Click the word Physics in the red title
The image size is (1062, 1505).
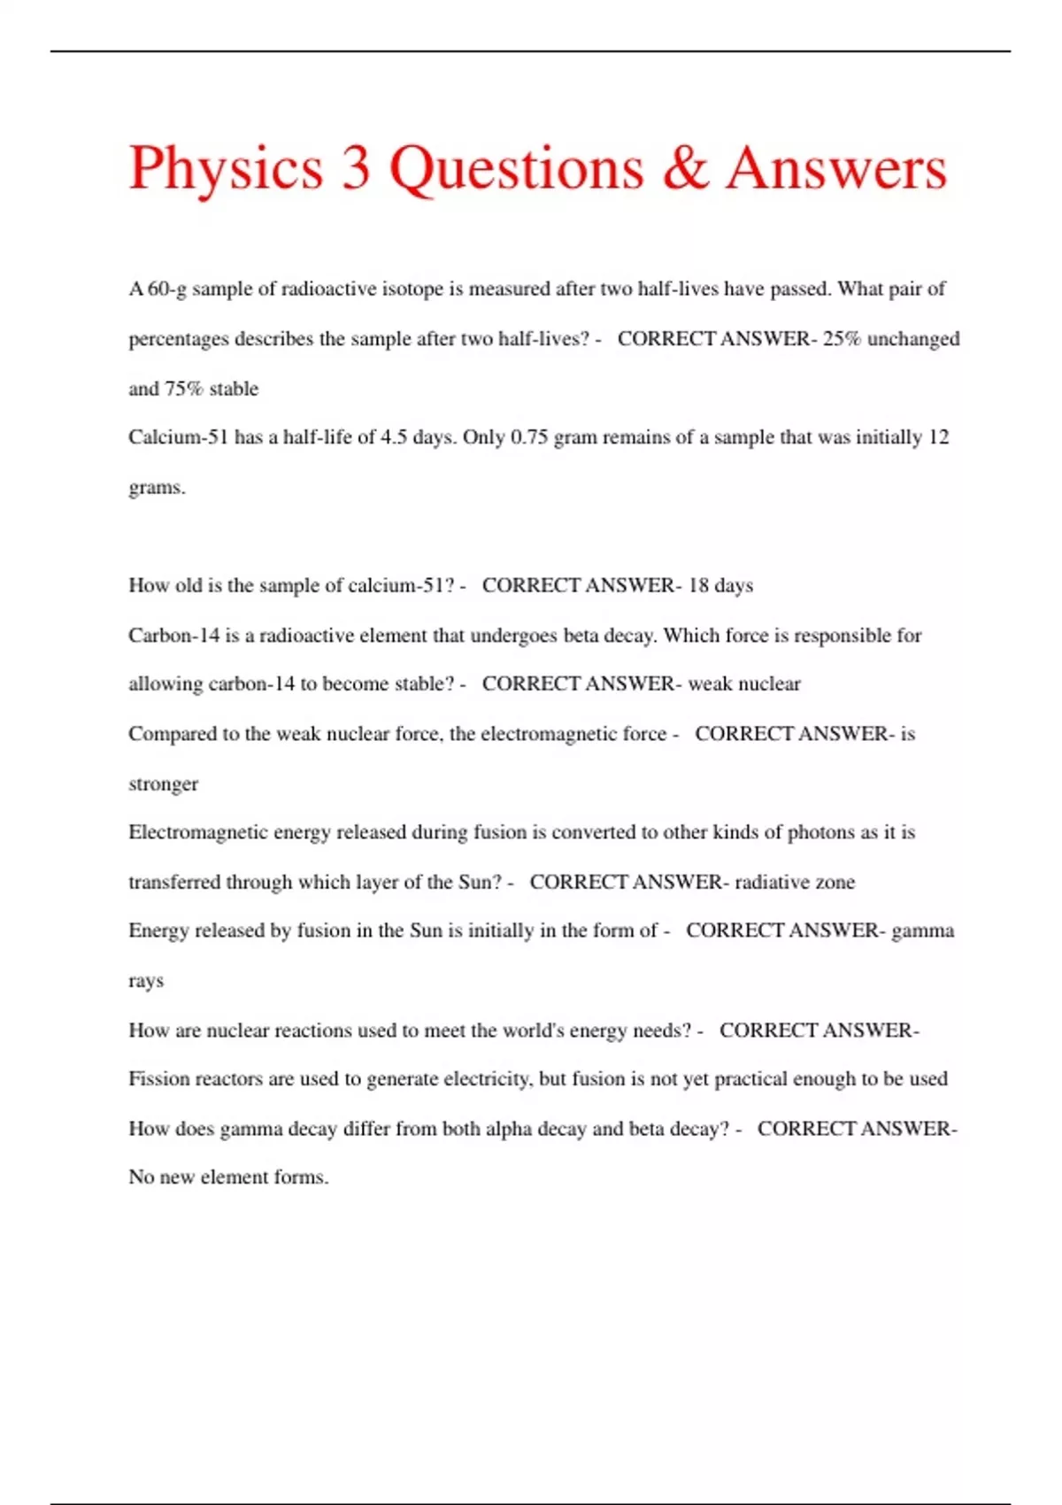(226, 168)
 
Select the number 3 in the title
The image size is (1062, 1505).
(356, 168)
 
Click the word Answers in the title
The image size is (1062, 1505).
(836, 168)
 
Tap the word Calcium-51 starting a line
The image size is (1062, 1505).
(178, 437)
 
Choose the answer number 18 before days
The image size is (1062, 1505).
(698, 585)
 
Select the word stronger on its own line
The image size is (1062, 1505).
(164, 784)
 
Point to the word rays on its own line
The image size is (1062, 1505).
(146, 982)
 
